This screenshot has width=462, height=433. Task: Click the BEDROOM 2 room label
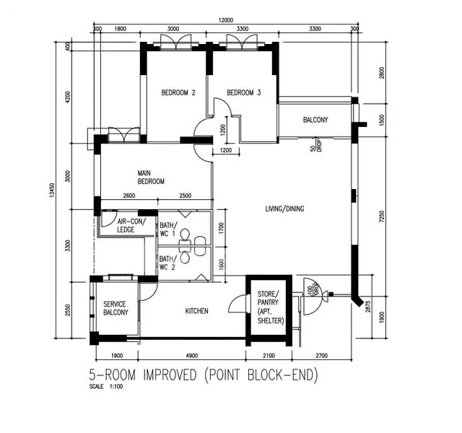tap(178, 92)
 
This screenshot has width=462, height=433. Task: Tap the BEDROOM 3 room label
tap(243, 92)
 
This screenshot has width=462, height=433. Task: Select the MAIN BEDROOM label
tap(152, 178)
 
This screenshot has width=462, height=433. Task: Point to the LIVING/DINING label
tap(285, 209)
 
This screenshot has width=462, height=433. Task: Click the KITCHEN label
tap(196, 311)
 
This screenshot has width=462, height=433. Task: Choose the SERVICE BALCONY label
tap(115, 308)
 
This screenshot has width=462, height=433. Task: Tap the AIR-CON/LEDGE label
tap(131, 226)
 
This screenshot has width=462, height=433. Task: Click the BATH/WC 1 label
tap(167, 229)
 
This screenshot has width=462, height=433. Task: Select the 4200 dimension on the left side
tap(68, 97)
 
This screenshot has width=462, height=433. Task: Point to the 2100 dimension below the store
tap(269, 356)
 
